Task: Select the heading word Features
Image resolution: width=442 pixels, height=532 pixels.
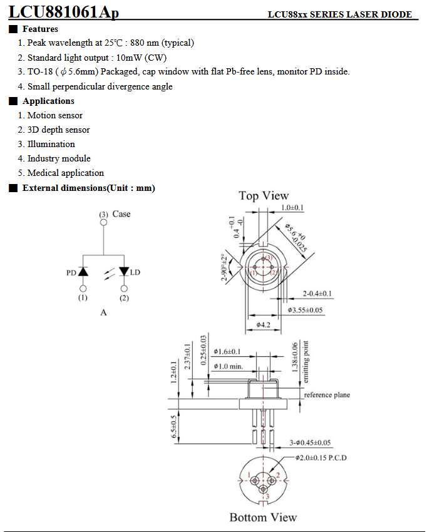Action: (x=40, y=29)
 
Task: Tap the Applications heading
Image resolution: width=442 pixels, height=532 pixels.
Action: (x=48, y=101)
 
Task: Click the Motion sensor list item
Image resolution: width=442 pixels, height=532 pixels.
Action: (x=54, y=115)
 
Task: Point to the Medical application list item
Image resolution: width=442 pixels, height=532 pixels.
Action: (x=65, y=173)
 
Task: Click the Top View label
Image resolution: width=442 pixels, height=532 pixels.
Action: (x=264, y=196)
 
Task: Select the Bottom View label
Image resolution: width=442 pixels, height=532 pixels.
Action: (x=263, y=517)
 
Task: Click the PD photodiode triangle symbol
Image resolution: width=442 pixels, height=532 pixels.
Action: (x=83, y=272)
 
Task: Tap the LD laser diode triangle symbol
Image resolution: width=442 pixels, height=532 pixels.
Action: (x=124, y=272)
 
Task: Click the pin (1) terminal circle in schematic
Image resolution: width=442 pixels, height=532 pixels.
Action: (x=83, y=289)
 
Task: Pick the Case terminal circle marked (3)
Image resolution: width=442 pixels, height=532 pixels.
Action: (x=103, y=222)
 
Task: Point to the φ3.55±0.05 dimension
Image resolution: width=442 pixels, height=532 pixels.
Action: (x=306, y=310)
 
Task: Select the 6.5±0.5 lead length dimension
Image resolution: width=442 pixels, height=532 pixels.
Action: (x=175, y=428)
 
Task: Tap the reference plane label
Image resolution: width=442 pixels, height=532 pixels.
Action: (x=327, y=395)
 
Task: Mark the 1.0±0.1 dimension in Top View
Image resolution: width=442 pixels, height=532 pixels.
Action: (x=292, y=207)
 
